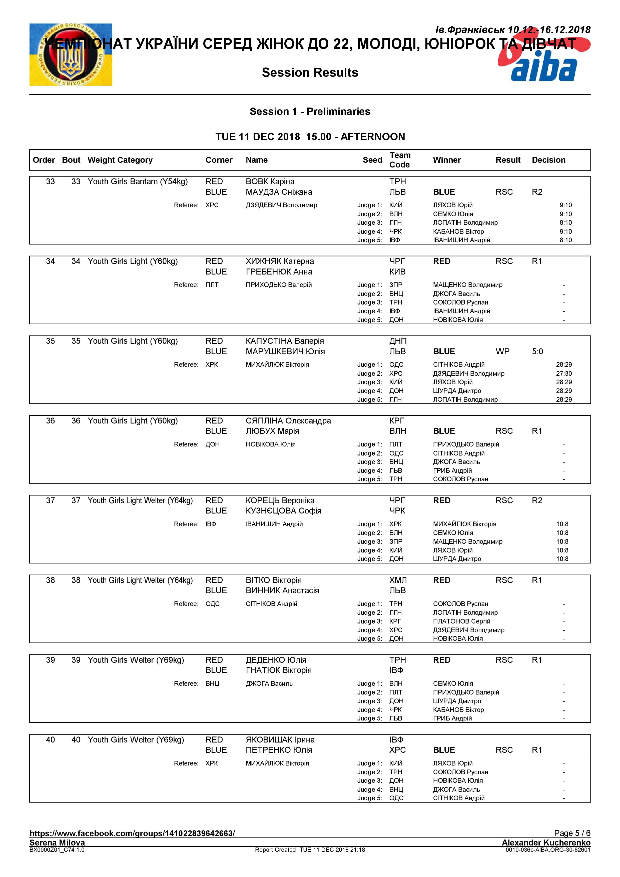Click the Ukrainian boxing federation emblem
[x=71, y=54]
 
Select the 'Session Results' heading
[x=310, y=72]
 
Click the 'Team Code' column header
[x=400, y=160]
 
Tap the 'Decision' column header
[x=548, y=160]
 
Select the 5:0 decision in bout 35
[x=537, y=351]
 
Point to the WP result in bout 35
[x=502, y=351]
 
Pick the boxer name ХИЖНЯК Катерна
[x=280, y=261]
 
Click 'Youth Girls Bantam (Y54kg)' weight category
[x=138, y=181]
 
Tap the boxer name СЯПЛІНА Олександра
[x=288, y=421]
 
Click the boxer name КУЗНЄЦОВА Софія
[x=283, y=511]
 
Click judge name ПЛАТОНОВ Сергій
[x=461, y=621]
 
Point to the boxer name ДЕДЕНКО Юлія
[x=276, y=660]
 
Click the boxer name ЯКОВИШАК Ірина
[x=280, y=740]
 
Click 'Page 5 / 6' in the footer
[x=572, y=833]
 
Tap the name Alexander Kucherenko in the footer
[x=546, y=842]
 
